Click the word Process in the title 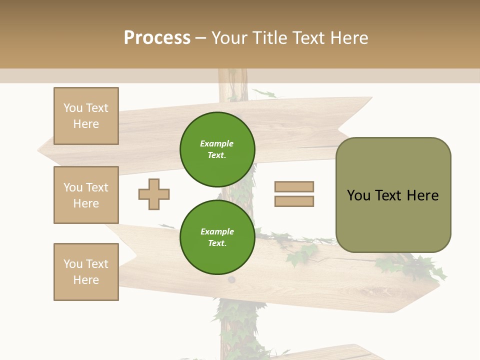click(x=157, y=38)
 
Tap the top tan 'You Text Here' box click(x=86, y=116)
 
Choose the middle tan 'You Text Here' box click(x=86, y=195)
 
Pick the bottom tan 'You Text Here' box click(x=86, y=272)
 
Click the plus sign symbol click(x=154, y=194)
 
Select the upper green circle click(x=217, y=149)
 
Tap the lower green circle click(x=217, y=237)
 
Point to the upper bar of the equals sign click(x=294, y=186)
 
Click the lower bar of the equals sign click(x=294, y=201)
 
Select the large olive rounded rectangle click(x=393, y=195)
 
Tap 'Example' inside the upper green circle click(x=216, y=144)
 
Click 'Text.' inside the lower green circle click(x=217, y=243)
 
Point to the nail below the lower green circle click(x=231, y=279)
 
